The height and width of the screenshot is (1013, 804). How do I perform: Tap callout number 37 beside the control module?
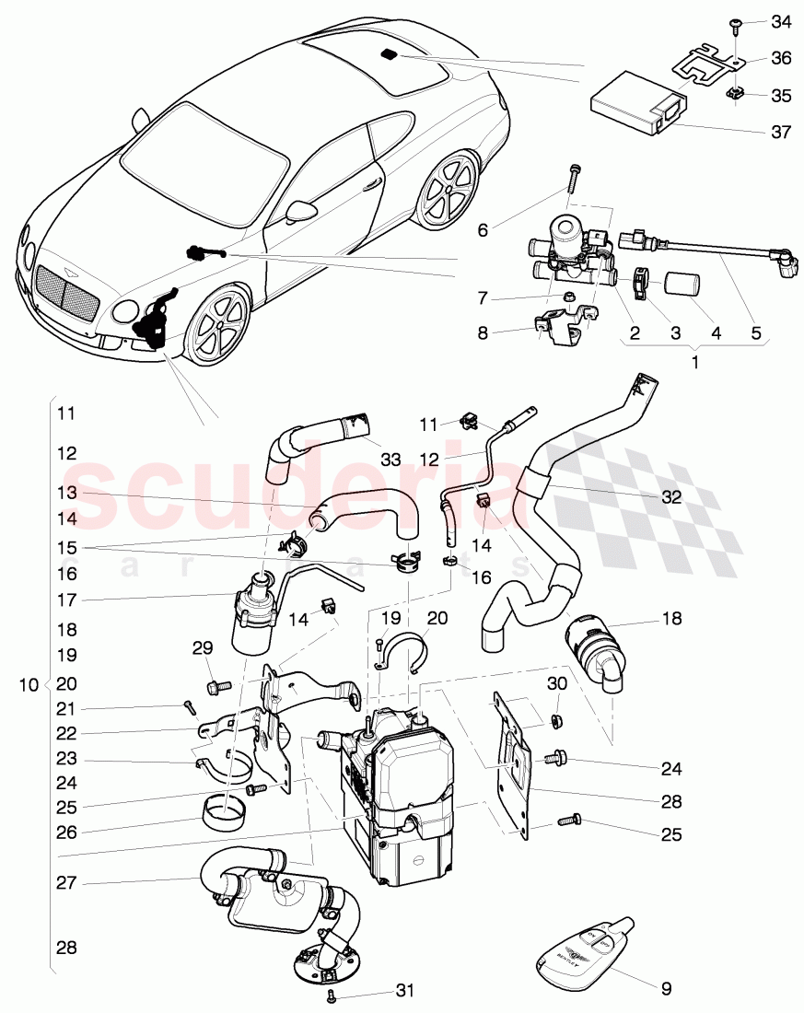(780, 132)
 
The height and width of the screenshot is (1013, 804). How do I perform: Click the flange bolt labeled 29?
(217, 686)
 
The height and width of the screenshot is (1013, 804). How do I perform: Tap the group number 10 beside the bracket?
(28, 685)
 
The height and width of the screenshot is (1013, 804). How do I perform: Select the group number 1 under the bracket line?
(695, 362)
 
